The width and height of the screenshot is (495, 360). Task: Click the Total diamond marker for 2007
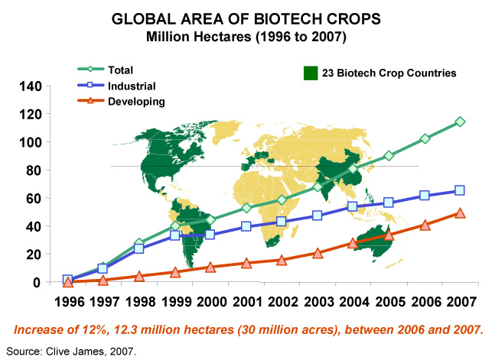point(461,122)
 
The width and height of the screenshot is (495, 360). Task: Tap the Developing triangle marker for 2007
point(461,212)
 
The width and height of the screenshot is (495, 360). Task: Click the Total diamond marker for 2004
point(353,169)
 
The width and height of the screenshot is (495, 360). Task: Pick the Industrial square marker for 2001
point(246,226)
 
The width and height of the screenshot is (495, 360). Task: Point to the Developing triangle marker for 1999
point(175,271)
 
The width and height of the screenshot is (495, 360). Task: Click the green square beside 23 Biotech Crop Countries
point(311,73)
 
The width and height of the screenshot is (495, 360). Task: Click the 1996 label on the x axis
point(68,300)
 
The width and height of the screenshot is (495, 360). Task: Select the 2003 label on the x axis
point(318,300)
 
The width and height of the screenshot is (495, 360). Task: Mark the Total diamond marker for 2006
point(425,139)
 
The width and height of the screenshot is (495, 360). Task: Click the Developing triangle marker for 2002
point(282,261)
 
